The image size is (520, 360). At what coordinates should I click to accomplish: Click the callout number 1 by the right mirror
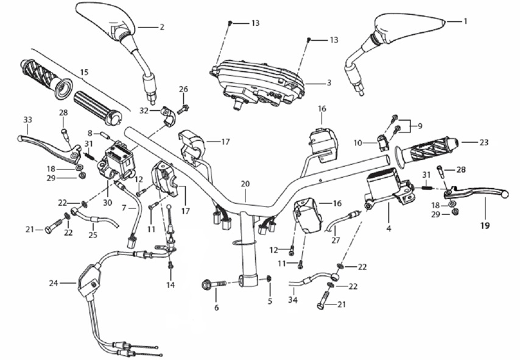coord(465,21)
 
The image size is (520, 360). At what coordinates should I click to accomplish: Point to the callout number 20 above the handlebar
coord(245,183)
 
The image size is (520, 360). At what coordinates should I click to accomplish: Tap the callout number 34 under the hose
coord(293,300)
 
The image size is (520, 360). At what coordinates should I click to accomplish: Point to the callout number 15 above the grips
coord(84,72)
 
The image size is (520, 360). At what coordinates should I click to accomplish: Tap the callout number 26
coord(183,89)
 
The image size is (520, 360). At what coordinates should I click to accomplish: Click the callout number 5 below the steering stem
coord(270,300)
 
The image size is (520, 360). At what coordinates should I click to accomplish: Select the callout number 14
coord(171,284)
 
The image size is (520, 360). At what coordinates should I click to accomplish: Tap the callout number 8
coord(90,132)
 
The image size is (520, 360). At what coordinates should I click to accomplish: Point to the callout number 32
coord(144,111)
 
